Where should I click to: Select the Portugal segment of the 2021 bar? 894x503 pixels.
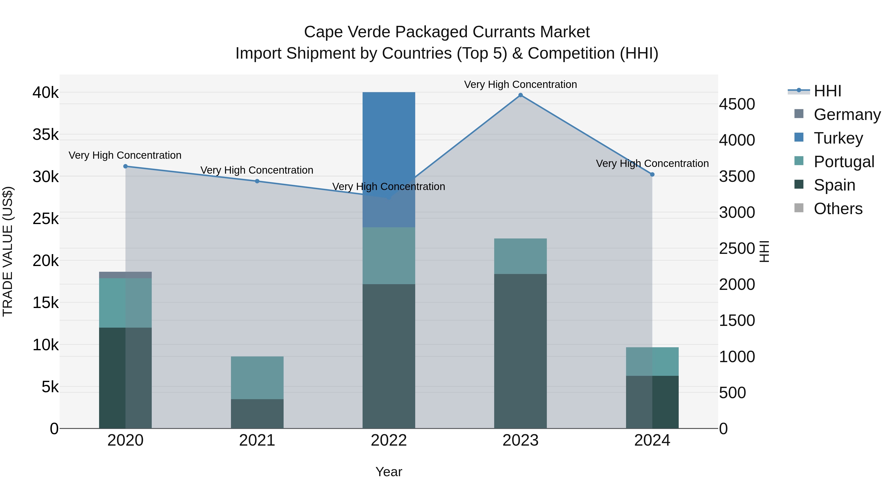click(x=257, y=378)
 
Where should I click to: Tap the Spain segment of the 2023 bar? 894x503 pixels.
click(x=520, y=350)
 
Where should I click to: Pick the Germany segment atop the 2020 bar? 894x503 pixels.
click(x=125, y=275)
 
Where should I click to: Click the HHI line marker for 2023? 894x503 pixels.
click(x=520, y=95)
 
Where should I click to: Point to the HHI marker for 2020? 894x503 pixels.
click(x=126, y=166)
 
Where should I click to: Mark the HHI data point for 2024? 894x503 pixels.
click(x=652, y=175)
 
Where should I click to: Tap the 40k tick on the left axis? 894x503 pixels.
click(x=45, y=93)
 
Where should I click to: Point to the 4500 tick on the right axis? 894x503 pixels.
click(x=737, y=104)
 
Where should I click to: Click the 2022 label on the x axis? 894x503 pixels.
click(x=389, y=440)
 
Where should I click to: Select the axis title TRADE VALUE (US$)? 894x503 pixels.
click(x=8, y=251)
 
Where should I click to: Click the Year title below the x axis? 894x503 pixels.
click(x=389, y=472)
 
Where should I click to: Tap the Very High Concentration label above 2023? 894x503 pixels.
click(x=520, y=84)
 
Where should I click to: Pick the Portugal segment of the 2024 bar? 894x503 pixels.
click(x=652, y=361)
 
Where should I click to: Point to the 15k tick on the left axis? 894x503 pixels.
click(x=45, y=303)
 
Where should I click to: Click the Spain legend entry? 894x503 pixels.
click(x=834, y=185)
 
